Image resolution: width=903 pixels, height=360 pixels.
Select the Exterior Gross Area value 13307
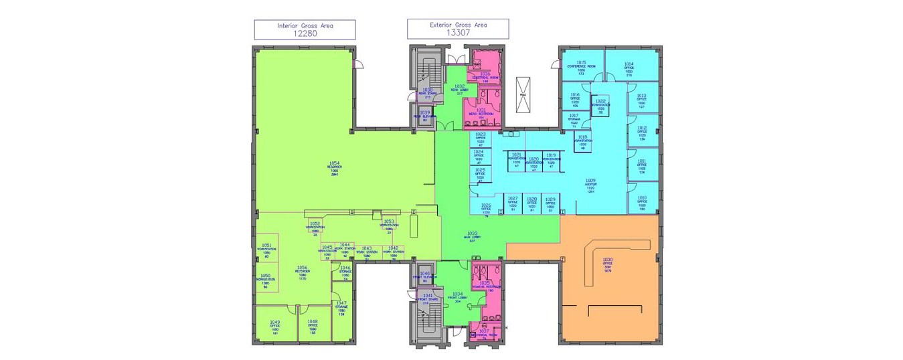click(458, 32)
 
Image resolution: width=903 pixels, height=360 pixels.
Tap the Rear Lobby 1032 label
click(459, 90)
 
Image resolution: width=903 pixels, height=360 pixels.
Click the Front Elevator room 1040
click(425, 276)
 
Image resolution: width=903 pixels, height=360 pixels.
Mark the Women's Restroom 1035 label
click(485, 286)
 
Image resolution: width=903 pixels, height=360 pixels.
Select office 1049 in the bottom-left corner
click(274, 327)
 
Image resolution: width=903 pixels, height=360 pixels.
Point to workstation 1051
click(266, 250)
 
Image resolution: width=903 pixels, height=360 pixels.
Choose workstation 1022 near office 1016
click(600, 104)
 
